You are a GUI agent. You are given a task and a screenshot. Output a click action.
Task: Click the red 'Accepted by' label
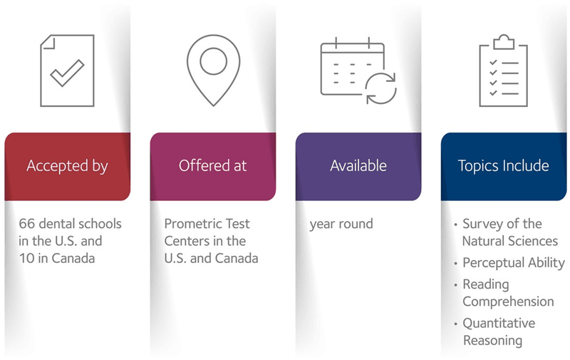[x=67, y=166]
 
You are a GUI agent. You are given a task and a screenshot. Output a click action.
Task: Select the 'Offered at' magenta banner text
[x=212, y=165]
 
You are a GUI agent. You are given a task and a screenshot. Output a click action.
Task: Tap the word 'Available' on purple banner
[x=358, y=165]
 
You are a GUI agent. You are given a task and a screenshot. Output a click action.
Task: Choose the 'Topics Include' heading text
[x=504, y=166]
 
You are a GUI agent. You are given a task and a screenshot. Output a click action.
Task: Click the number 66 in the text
[x=27, y=224]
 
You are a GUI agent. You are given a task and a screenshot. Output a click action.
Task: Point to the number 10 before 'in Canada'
[x=26, y=258]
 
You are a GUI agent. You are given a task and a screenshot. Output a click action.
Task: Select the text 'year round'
[x=341, y=224]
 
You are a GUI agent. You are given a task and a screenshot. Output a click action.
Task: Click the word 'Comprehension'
[x=508, y=302]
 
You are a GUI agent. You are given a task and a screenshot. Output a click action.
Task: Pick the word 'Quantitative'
[x=499, y=323]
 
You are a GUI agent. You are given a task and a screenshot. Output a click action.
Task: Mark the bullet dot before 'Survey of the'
[x=455, y=225]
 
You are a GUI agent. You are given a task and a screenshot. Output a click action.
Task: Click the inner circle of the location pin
[x=213, y=48]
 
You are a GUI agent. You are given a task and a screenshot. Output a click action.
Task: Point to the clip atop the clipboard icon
[x=504, y=41]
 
